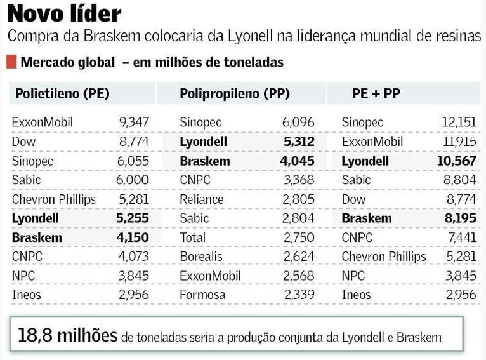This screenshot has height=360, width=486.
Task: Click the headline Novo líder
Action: (x=64, y=13)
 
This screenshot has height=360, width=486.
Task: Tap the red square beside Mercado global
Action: (x=11, y=62)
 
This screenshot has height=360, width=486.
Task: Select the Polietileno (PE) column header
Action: (x=63, y=93)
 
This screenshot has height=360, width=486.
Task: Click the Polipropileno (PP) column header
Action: (x=235, y=93)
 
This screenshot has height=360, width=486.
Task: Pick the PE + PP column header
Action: (x=376, y=93)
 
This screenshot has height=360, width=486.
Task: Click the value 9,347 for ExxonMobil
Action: (x=134, y=122)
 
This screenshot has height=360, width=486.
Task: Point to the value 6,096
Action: (x=298, y=122)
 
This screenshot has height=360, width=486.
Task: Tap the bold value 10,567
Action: (x=457, y=161)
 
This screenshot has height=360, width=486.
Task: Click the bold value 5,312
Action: (x=298, y=142)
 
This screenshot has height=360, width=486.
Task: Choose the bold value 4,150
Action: (x=134, y=238)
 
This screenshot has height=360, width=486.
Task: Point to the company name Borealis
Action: (x=201, y=257)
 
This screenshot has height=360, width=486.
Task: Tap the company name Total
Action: (x=193, y=238)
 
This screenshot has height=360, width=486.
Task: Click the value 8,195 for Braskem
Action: (x=459, y=218)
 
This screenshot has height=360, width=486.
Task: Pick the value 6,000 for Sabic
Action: (x=134, y=180)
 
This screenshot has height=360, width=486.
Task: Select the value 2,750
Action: (x=298, y=238)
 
